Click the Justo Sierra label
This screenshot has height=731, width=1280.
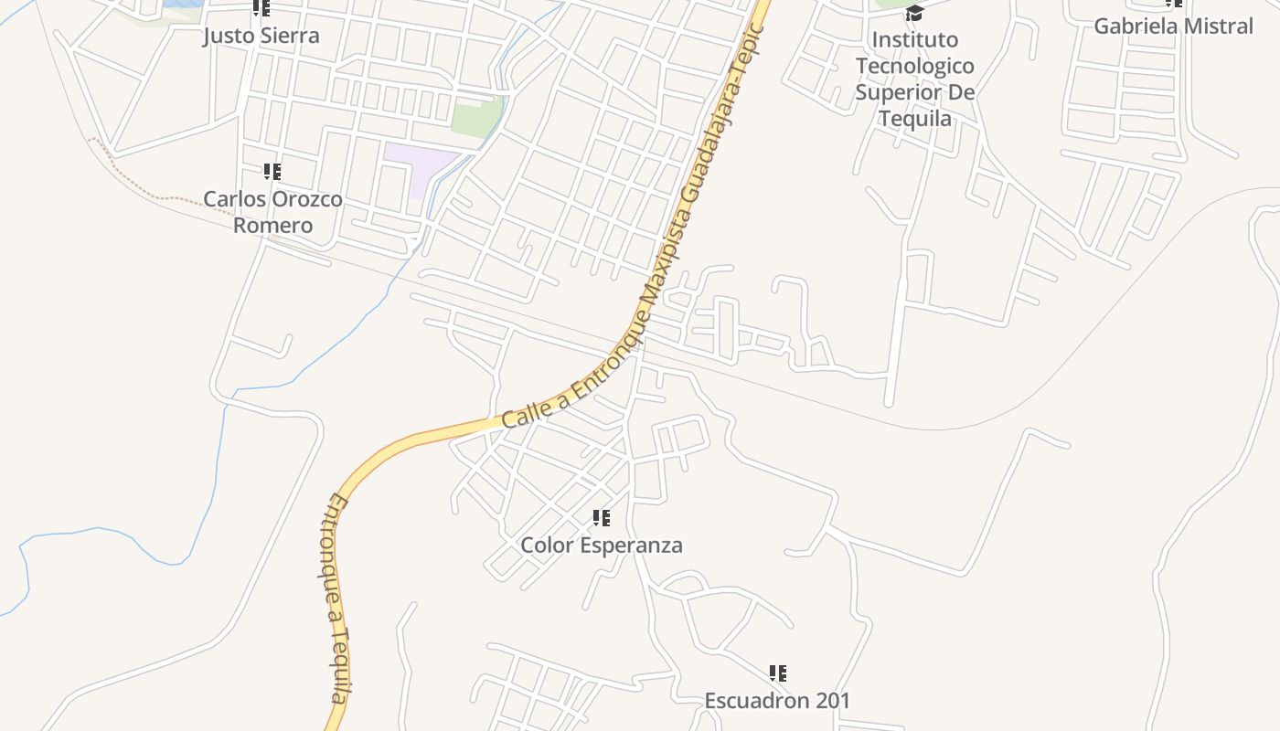[261, 36]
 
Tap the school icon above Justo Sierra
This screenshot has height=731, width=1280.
[261, 8]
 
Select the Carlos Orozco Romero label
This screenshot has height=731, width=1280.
[272, 212]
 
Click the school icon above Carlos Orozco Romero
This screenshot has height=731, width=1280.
[272, 172]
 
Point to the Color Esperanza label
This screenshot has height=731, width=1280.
[601, 546]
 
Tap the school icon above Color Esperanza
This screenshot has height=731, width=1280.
[601, 518]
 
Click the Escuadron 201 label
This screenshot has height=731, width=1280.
[776, 701]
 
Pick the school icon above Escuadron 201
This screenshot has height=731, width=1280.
[777, 674]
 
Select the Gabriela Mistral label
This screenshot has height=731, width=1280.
[1173, 26]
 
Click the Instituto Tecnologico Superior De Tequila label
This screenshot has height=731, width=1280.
[914, 79]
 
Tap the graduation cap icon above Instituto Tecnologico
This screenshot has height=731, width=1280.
[914, 13]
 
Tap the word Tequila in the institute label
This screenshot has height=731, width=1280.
[914, 119]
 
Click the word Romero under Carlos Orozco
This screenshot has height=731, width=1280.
[272, 226]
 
